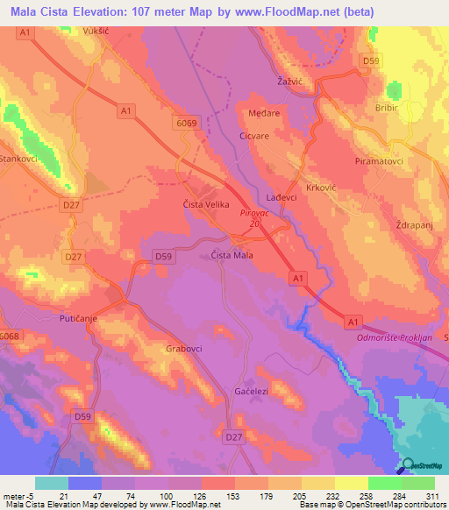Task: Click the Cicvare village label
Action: pyautogui.click(x=257, y=137)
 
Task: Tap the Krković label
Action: pyautogui.click(x=320, y=188)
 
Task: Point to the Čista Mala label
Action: pyautogui.click(x=232, y=255)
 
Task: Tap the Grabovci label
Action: pyautogui.click(x=184, y=348)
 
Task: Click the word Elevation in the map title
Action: pyautogui.click(x=103, y=11)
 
